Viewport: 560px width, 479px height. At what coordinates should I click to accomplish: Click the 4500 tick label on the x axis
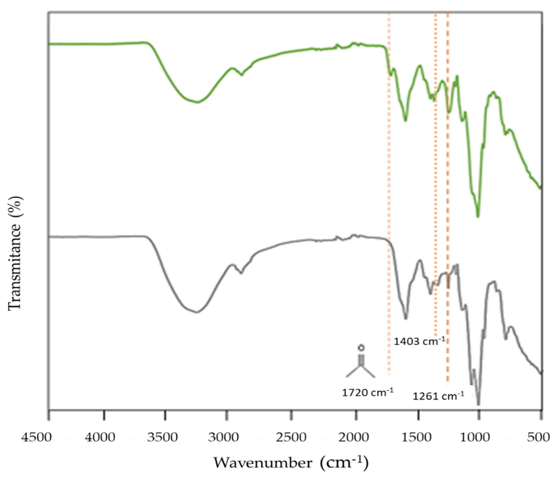click(x=37, y=437)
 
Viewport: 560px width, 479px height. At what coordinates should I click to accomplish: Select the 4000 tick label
click(x=100, y=437)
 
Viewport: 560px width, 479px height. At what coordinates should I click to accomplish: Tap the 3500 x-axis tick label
click(x=162, y=437)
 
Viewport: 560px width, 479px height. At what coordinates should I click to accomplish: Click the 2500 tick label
click(x=291, y=437)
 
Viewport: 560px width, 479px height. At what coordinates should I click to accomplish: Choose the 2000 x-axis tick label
click(x=353, y=437)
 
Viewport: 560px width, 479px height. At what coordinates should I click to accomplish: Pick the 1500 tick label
click(x=416, y=437)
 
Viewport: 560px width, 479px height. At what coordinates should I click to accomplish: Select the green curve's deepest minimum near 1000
click(x=478, y=216)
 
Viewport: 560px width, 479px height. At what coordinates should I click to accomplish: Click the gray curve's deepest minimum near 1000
click(x=478, y=404)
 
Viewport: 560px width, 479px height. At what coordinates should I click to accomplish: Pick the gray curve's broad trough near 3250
click(x=197, y=312)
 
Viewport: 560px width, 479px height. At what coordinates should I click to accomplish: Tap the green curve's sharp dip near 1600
click(x=405, y=120)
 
